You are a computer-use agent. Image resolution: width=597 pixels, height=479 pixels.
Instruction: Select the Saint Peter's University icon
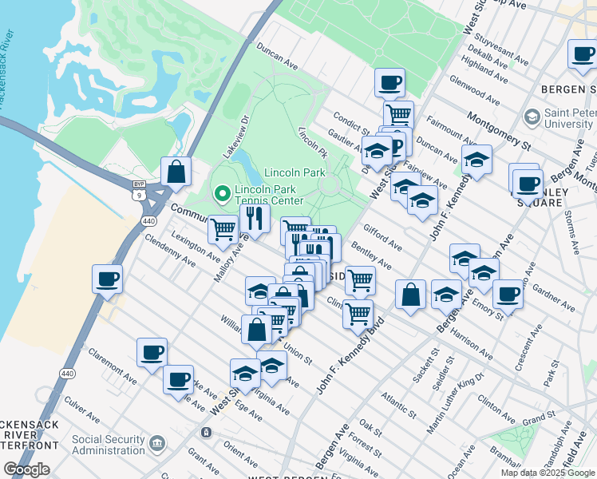[532, 117]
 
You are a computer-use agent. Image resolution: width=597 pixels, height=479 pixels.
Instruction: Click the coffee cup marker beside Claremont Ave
[152, 352]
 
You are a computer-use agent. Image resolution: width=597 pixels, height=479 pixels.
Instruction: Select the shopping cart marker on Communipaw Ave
[223, 228]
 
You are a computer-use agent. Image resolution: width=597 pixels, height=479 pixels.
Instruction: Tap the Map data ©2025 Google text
[547, 473]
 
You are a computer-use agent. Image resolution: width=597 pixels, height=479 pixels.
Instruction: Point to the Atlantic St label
[398, 405]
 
